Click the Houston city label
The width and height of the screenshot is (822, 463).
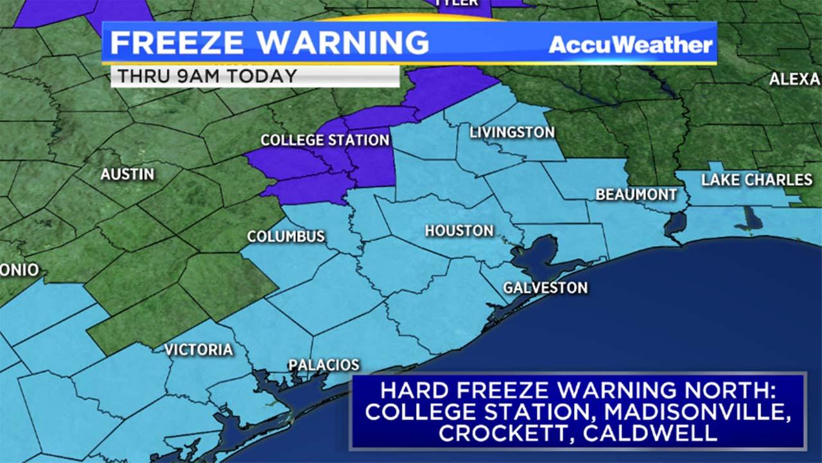pyautogui.click(x=459, y=231)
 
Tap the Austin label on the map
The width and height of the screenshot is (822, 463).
pyautogui.click(x=127, y=174)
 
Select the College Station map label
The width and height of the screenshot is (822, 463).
pyautogui.click(x=324, y=140)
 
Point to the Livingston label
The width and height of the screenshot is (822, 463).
pyautogui.click(x=512, y=132)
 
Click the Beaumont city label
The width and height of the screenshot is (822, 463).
pyautogui.click(x=636, y=194)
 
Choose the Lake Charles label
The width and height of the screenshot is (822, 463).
pyautogui.click(x=756, y=180)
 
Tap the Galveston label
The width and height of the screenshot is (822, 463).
pyautogui.click(x=545, y=287)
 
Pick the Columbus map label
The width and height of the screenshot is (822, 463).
pyautogui.click(x=286, y=237)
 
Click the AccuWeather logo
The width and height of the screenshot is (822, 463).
pyautogui.click(x=631, y=44)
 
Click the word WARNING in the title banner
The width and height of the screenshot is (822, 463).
pyautogui.click(x=344, y=43)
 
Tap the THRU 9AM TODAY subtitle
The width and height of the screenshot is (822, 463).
pyautogui.click(x=207, y=76)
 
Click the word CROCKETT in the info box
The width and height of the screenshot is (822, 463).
pyautogui.click(x=503, y=433)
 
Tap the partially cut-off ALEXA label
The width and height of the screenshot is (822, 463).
pyautogui.click(x=795, y=80)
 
